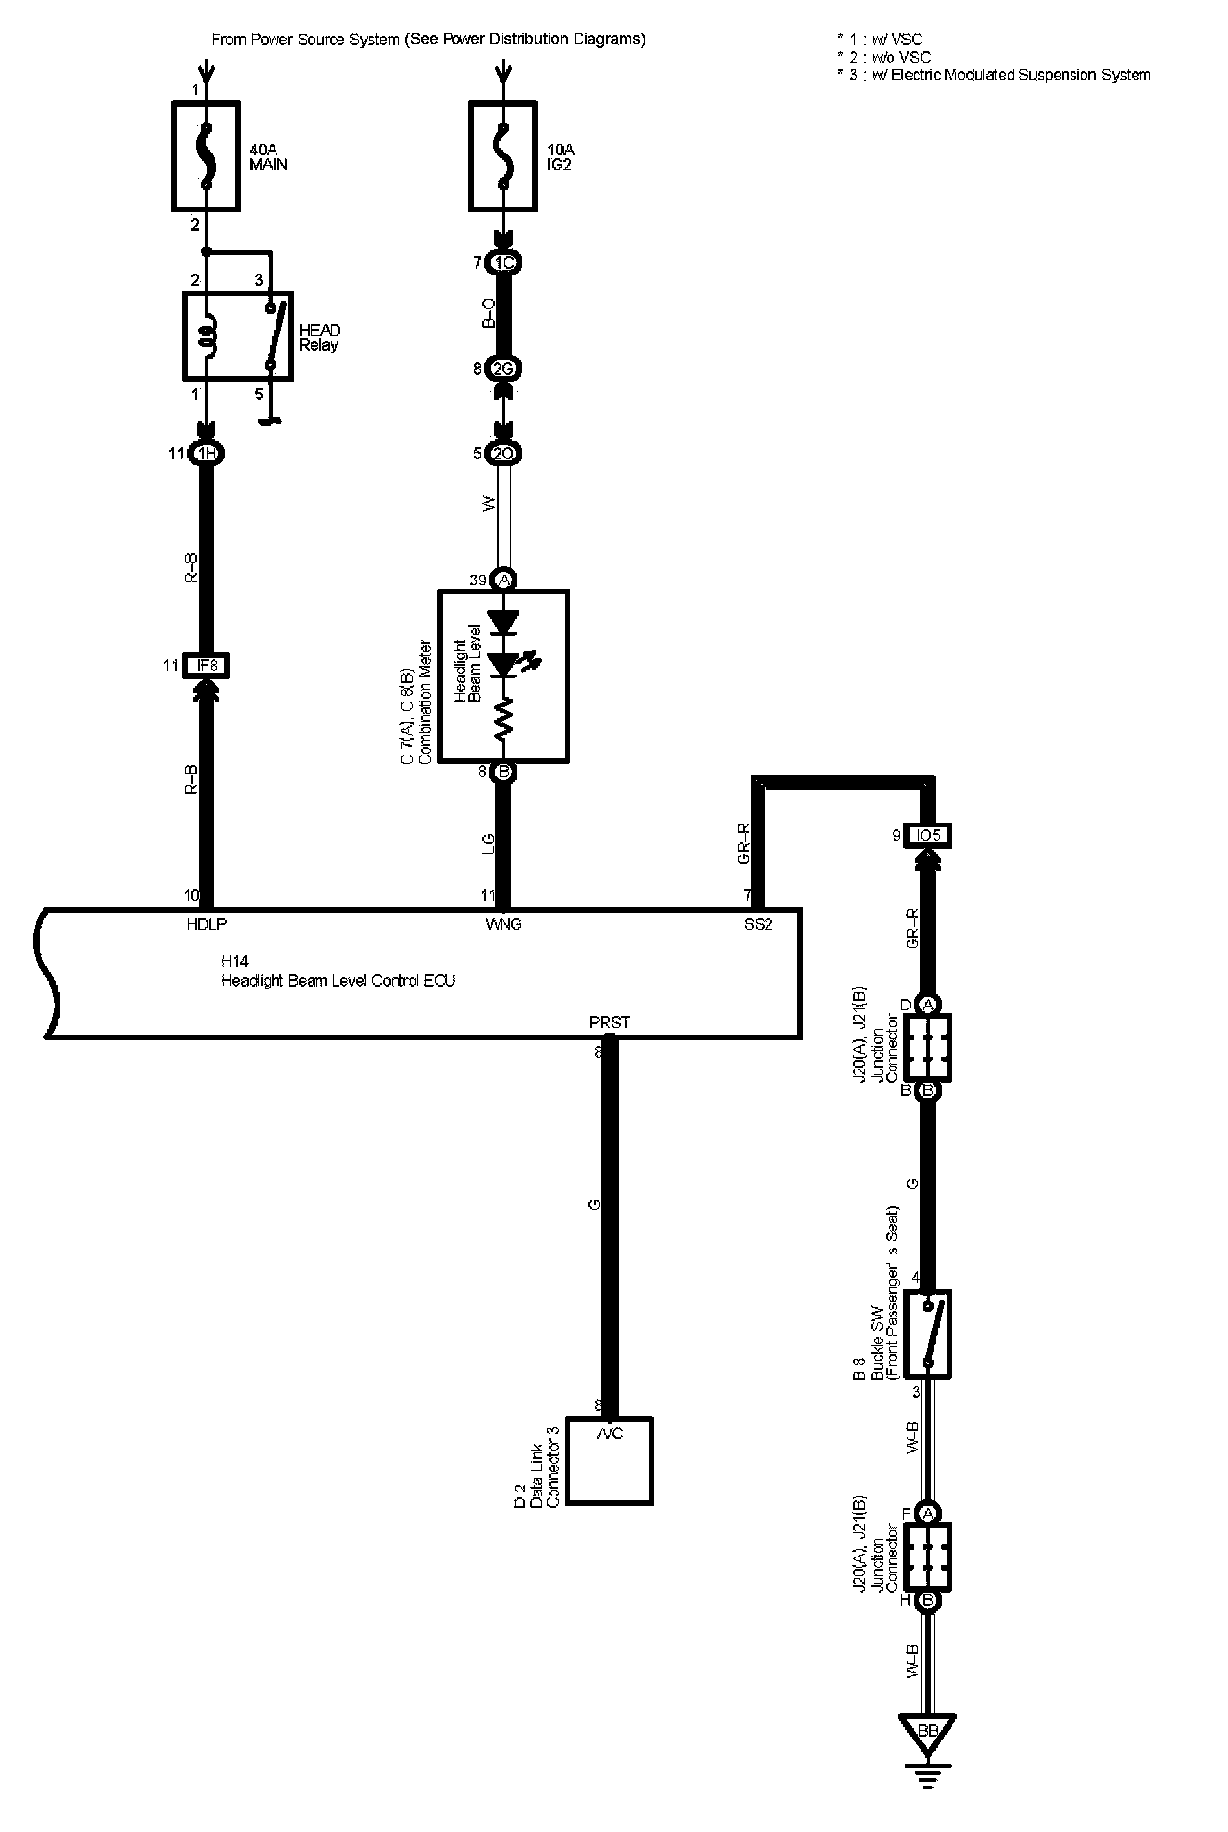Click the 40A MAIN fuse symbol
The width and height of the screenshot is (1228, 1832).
point(206,154)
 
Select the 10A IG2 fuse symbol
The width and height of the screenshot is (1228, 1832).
point(503,154)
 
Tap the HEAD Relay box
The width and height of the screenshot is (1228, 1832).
point(237,336)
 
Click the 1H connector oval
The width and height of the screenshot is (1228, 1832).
point(207,454)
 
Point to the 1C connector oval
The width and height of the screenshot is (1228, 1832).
point(503,263)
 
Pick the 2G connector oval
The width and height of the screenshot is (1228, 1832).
point(503,369)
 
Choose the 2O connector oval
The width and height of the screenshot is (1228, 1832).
point(503,454)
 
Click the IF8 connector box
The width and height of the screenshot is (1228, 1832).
point(207,666)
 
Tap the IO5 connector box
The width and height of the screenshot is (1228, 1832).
point(927,836)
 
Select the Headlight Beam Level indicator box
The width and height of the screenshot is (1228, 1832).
point(503,676)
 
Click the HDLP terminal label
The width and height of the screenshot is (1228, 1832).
point(207,925)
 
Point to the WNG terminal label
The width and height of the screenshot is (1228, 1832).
point(503,925)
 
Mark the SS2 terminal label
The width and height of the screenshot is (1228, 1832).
point(758,925)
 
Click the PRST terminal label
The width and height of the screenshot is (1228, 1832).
point(609,1023)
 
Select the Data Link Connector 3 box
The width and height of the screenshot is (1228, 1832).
point(609,1460)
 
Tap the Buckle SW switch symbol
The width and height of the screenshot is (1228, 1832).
point(927,1333)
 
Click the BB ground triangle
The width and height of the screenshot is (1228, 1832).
point(927,1756)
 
